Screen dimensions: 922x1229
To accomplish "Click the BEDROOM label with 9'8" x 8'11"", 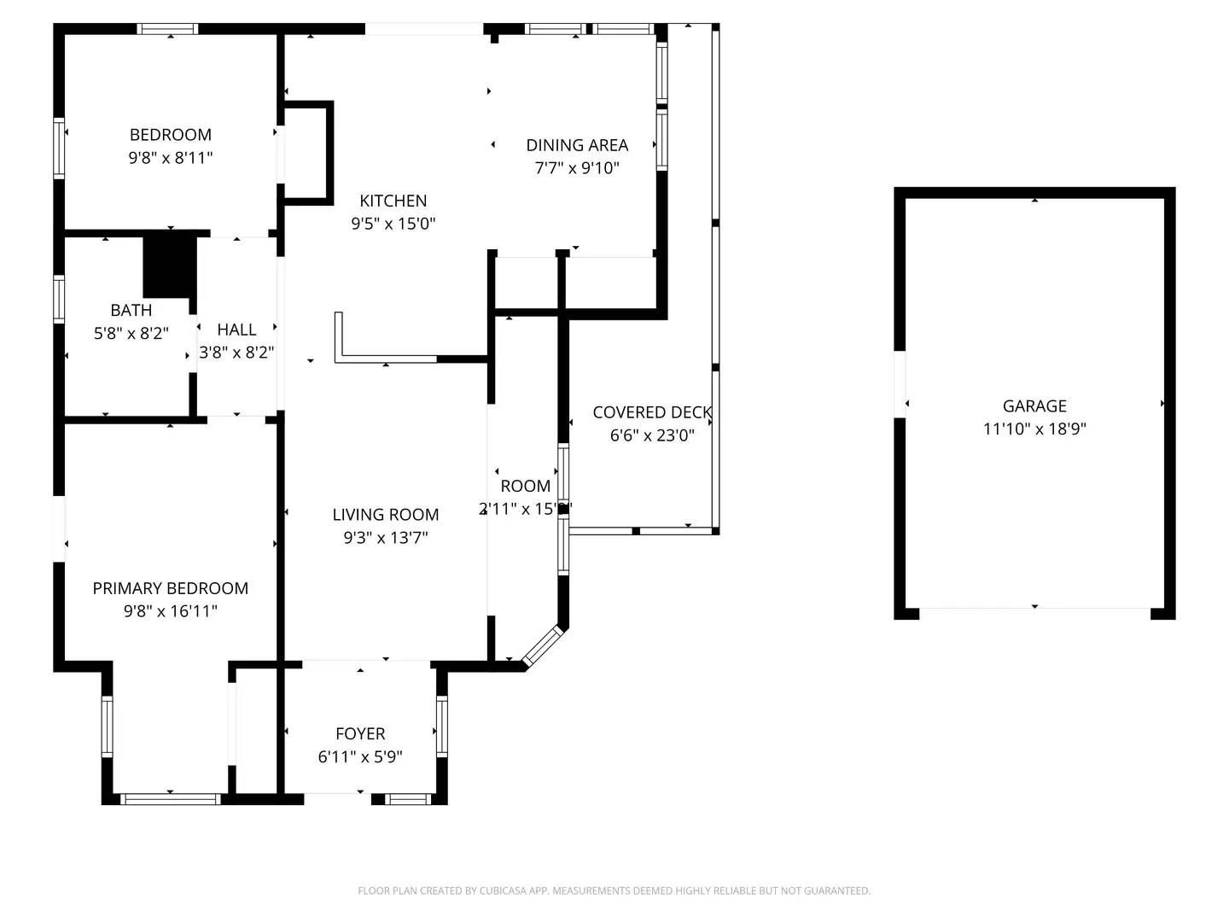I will pyautogui.click(x=170, y=135).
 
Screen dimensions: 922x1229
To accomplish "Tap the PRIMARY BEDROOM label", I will pyautogui.click(x=170, y=588).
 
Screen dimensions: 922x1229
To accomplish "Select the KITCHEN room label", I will pyautogui.click(x=393, y=201).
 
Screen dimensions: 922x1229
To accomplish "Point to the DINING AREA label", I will pyautogui.click(x=577, y=145).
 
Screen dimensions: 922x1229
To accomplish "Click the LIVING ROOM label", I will pyautogui.click(x=385, y=515).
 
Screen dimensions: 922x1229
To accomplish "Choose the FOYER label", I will pyautogui.click(x=360, y=733).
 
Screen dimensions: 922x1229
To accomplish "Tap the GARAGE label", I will pyautogui.click(x=1034, y=406).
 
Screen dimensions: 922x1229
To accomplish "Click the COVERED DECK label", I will pyautogui.click(x=652, y=412).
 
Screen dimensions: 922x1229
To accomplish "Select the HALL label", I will pyautogui.click(x=236, y=330).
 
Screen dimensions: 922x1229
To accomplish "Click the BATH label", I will pyautogui.click(x=131, y=310).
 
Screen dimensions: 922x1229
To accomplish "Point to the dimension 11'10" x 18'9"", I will pyautogui.click(x=1034, y=429).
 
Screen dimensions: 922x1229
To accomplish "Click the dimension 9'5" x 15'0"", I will pyautogui.click(x=393, y=224).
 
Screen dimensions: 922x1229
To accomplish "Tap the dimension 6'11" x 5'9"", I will pyautogui.click(x=360, y=756).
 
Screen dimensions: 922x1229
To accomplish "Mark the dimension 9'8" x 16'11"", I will pyautogui.click(x=170, y=611).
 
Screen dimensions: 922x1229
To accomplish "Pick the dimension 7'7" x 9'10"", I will pyautogui.click(x=577, y=168).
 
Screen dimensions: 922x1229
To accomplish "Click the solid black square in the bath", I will pyautogui.click(x=169, y=266).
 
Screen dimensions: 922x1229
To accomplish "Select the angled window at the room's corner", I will pyautogui.click(x=544, y=646).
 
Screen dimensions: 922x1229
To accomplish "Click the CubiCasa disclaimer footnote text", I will pyautogui.click(x=614, y=890).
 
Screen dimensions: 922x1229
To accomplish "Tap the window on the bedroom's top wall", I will pyautogui.click(x=168, y=29).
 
